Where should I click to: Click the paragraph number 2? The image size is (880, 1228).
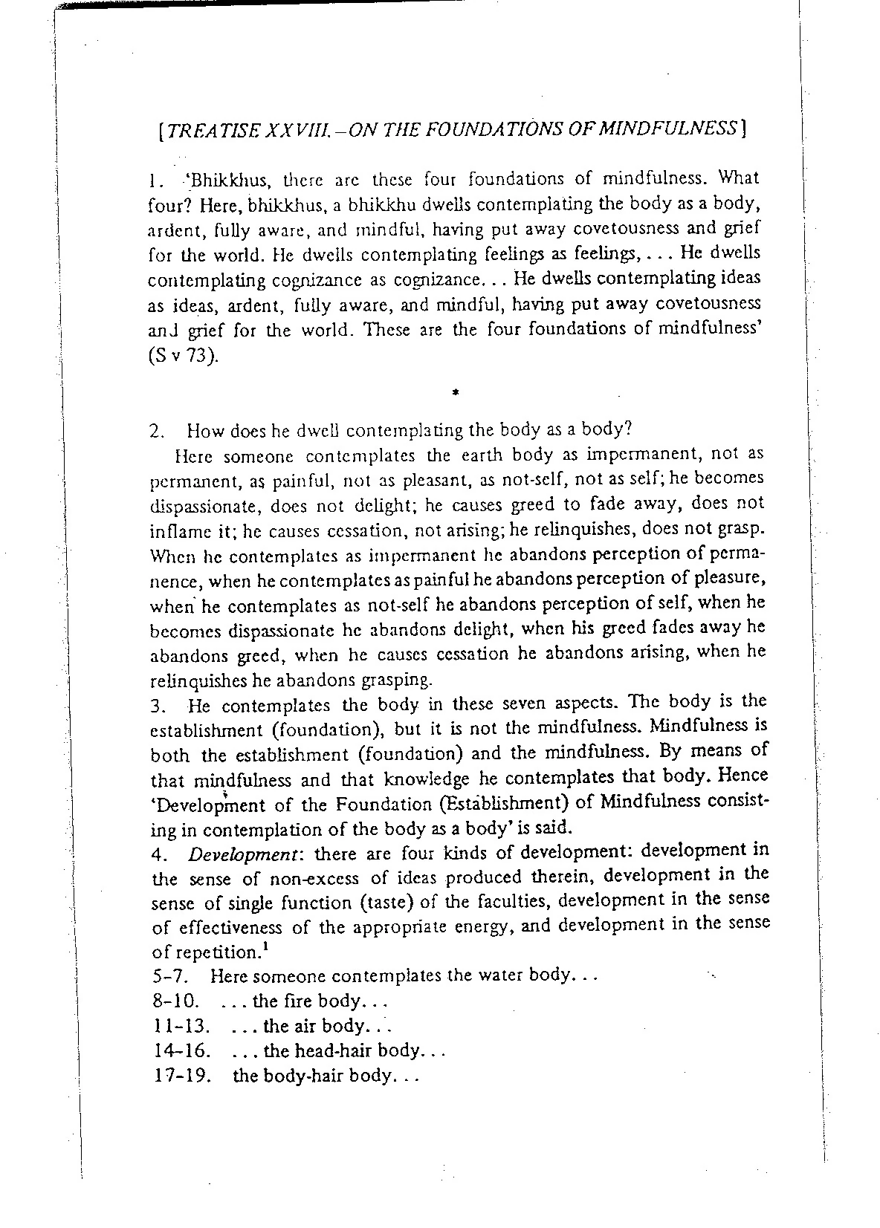156,430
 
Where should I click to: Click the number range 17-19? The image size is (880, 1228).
179,1076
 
